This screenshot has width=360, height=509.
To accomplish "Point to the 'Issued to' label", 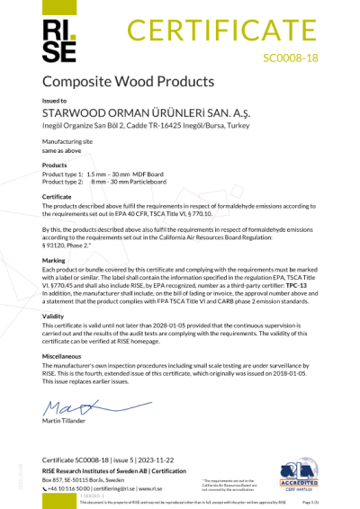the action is click(x=55, y=102).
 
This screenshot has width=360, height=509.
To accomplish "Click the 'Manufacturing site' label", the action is click(x=66, y=142).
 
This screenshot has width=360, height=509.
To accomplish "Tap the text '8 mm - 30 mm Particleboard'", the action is click(x=132, y=179).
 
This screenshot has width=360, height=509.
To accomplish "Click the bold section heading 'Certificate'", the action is click(x=58, y=195).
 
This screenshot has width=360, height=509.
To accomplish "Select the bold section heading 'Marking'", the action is click(x=54, y=261).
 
